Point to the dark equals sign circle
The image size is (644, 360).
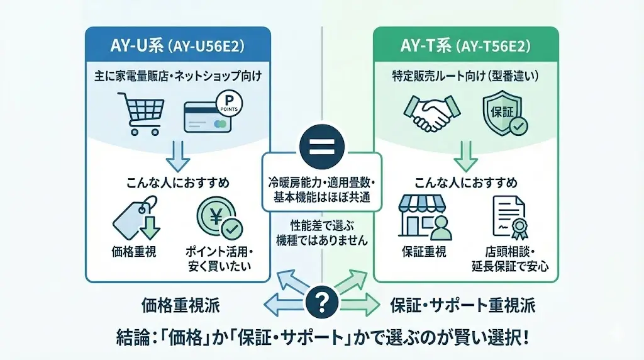point(321,144)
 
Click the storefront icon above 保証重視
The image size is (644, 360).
point(423,217)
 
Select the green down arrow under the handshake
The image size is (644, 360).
point(465,156)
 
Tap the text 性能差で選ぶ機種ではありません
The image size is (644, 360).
point(321,232)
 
